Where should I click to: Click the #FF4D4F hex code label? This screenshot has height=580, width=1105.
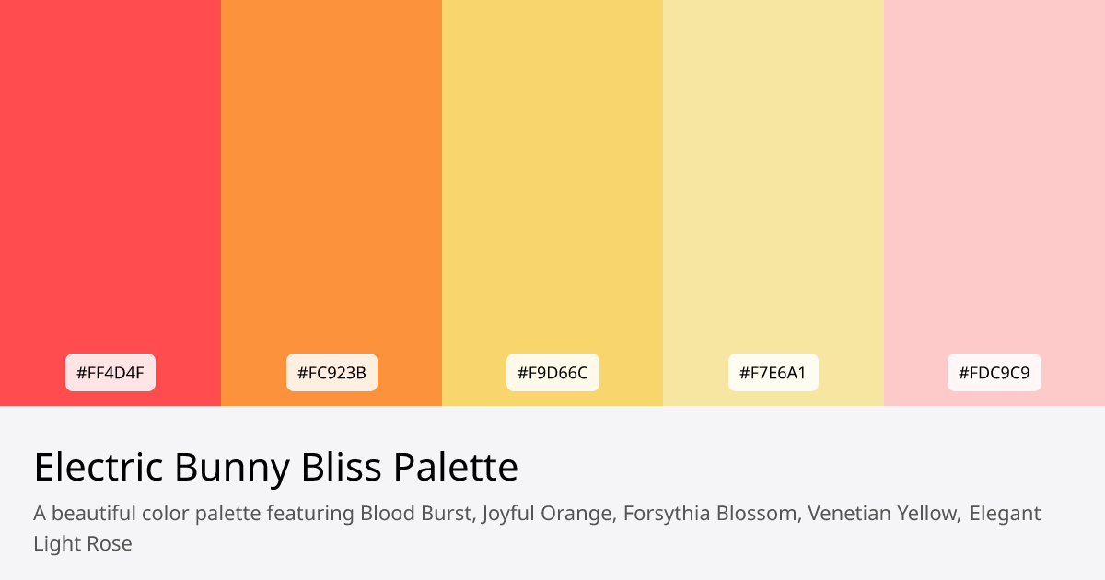(x=110, y=373)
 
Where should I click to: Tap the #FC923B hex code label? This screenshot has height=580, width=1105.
(x=331, y=373)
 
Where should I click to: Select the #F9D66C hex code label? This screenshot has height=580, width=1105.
(x=552, y=373)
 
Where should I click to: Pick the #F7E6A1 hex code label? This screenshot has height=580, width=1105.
(x=773, y=373)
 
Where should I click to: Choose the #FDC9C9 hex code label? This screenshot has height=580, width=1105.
(x=994, y=373)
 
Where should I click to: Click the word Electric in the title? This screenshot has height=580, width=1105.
(x=98, y=468)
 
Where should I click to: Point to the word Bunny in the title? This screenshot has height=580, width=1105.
(x=232, y=468)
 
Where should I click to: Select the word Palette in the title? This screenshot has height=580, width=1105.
(x=456, y=468)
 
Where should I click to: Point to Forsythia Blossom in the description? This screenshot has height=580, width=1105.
(x=710, y=513)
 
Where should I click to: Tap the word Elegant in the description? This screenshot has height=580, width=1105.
(x=1005, y=513)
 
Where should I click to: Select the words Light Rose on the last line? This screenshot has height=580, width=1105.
(x=83, y=543)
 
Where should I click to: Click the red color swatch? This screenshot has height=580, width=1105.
(x=110, y=184)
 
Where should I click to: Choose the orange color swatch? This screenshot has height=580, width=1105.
(x=331, y=184)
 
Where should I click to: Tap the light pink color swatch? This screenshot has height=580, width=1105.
(x=994, y=184)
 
